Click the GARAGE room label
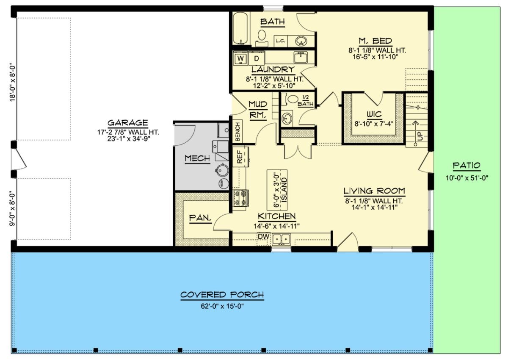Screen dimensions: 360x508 click(x=127, y=123)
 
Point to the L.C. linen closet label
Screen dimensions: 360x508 click(x=281, y=41)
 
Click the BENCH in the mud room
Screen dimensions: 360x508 click(x=237, y=132)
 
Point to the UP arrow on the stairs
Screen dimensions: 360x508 click(x=420, y=129)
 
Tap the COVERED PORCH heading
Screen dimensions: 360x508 click(x=222, y=295)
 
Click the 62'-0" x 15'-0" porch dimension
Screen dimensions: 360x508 click(x=222, y=306)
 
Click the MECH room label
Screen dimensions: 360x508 click(x=197, y=158)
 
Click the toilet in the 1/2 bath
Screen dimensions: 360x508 click(x=292, y=100)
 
